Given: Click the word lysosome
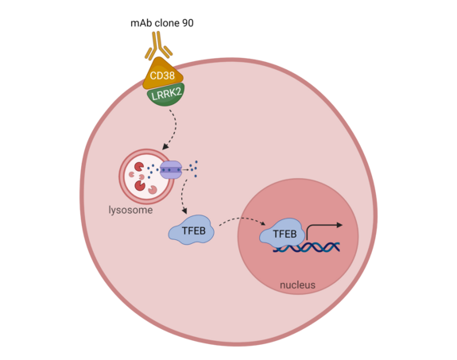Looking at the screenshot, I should pyautogui.click(x=130, y=211).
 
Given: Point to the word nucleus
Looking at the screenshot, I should pyautogui.click(x=298, y=285).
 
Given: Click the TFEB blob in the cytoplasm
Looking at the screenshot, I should pyautogui.click(x=191, y=231).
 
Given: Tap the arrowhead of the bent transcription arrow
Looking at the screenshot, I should pyautogui.click(x=339, y=226).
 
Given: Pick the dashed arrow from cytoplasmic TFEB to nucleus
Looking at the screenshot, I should pyautogui.click(x=238, y=220).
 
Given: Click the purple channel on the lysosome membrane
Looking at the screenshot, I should pyautogui.click(x=171, y=169).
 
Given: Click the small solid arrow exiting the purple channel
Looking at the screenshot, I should pyautogui.click(x=186, y=169).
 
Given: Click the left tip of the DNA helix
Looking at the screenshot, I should pyautogui.click(x=275, y=248).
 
